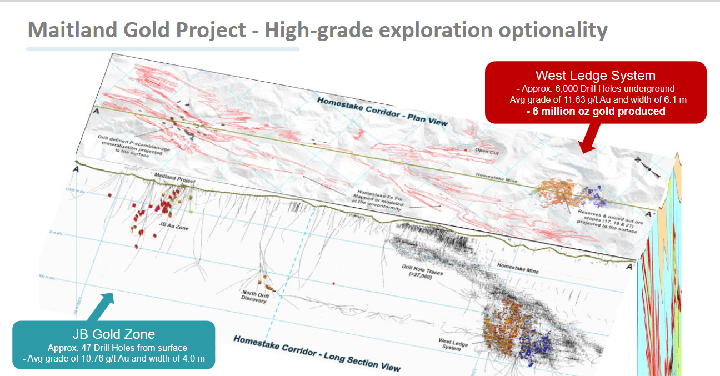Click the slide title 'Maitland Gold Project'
click(x=137, y=30)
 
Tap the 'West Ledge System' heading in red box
click(x=595, y=76)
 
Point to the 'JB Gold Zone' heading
click(x=113, y=334)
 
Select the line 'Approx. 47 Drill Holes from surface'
click(x=113, y=348)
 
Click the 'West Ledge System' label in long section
click(x=453, y=344)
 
